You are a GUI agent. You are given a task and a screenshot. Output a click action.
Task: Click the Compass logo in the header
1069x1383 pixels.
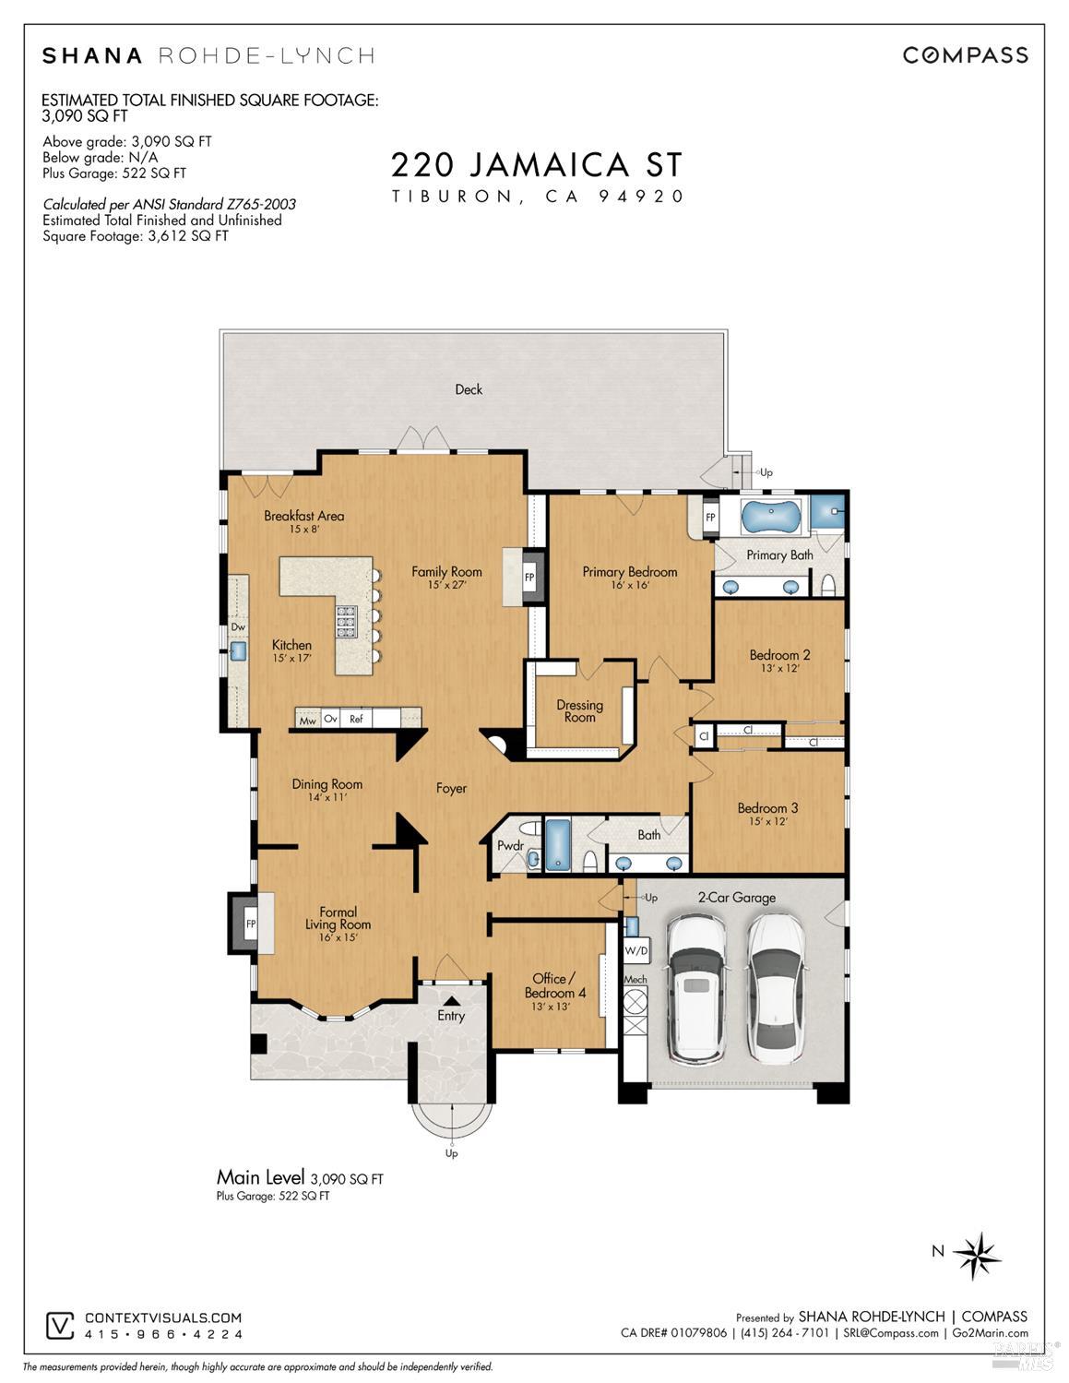coord(965,55)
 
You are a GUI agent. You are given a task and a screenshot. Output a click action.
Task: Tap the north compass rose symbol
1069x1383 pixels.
coord(978,1254)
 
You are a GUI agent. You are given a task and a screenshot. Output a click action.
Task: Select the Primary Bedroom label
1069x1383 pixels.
coord(629,572)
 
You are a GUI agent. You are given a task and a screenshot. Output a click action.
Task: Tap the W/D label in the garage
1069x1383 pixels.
coord(635,949)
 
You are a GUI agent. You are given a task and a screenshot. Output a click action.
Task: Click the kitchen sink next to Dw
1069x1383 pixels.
coord(237,651)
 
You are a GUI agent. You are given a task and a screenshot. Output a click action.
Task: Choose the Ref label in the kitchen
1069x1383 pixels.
coord(356,719)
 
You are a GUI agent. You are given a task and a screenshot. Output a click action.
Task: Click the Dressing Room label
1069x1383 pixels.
coord(579,710)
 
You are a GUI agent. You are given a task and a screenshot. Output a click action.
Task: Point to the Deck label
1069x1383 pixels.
coord(469,389)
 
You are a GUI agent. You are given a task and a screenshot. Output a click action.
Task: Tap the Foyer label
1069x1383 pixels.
coord(451,788)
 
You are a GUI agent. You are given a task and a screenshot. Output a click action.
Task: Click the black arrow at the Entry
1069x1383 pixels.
coord(451,998)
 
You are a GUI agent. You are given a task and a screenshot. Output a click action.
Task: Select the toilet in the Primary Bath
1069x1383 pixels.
coord(828,585)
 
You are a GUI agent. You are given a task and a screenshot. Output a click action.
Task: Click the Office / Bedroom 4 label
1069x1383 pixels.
coord(554,985)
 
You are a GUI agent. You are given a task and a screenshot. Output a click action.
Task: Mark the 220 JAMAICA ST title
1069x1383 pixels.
coord(537,165)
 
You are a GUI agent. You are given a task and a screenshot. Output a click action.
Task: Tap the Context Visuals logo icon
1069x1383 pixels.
coord(60,1326)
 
